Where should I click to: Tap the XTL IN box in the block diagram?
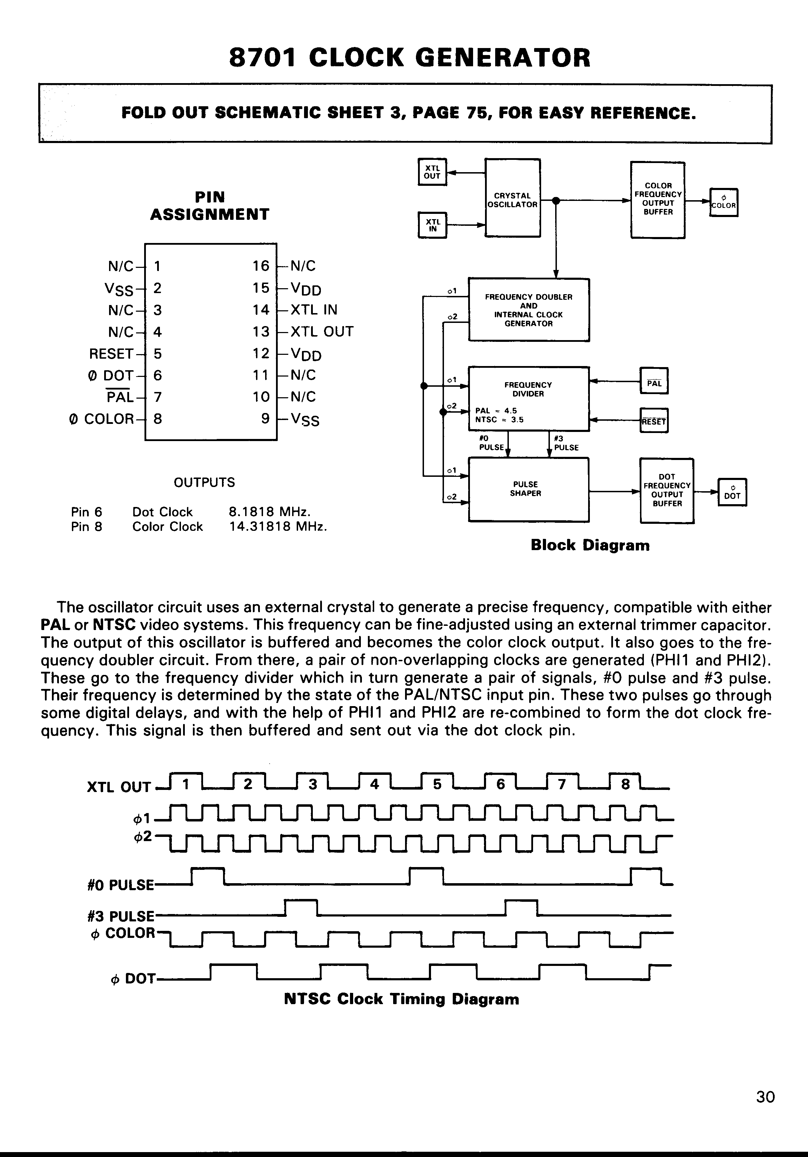432,225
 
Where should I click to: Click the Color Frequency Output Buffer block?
658,199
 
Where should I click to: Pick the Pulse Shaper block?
528,489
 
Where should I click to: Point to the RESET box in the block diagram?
653,421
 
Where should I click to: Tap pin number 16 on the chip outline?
261,265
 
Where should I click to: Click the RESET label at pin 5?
111,354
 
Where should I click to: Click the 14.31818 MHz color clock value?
278,527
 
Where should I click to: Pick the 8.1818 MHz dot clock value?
269,512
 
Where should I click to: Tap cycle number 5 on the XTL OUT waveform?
437,784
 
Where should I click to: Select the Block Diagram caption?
590,545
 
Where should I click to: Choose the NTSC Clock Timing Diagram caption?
401,999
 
